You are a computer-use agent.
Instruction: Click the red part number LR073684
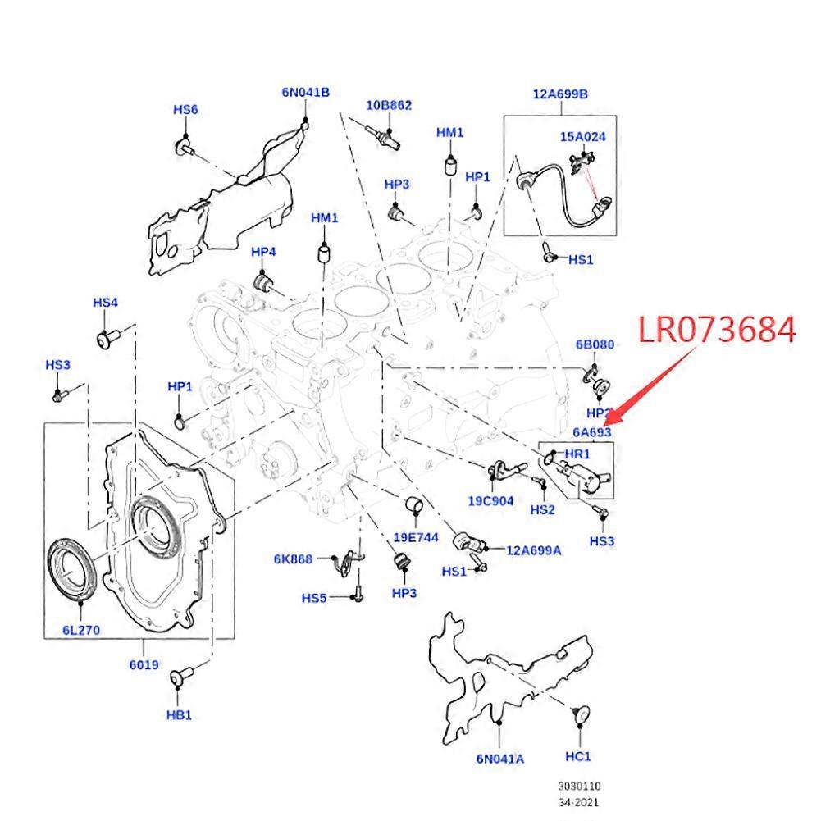(x=717, y=330)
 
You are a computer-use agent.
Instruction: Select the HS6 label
(x=185, y=110)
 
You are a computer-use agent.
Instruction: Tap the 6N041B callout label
(x=305, y=93)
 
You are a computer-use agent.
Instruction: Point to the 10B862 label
(x=389, y=105)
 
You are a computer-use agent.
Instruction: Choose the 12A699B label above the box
(x=560, y=94)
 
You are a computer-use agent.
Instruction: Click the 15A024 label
(x=583, y=137)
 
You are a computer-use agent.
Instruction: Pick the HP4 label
(x=263, y=251)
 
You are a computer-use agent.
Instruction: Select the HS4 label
(x=105, y=303)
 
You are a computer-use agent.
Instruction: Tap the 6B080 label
(x=595, y=345)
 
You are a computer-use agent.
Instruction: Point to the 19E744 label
(x=416, y=538)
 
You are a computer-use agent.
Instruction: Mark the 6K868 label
(x=293, y=559)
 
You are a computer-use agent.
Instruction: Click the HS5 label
(x=314, y=598)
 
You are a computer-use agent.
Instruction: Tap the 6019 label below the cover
(x=144, y=664)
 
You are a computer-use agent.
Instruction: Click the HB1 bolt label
(x=179, y=714)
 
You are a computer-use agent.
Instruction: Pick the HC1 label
(x=578, y=755)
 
